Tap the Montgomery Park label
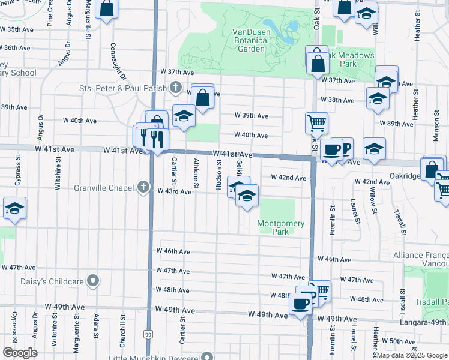(281, 227)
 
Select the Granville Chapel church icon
(143, 188)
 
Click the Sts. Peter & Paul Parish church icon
(175, 88)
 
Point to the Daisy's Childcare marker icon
(93, 280)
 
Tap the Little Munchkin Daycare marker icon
(206, 356)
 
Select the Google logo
(20, 353)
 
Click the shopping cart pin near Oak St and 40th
(316, 122)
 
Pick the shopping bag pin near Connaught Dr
(107, 8)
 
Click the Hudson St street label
(218, 174)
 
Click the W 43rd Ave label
(174, 191)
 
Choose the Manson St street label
(436, 125)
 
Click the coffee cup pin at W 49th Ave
(300, 302)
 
